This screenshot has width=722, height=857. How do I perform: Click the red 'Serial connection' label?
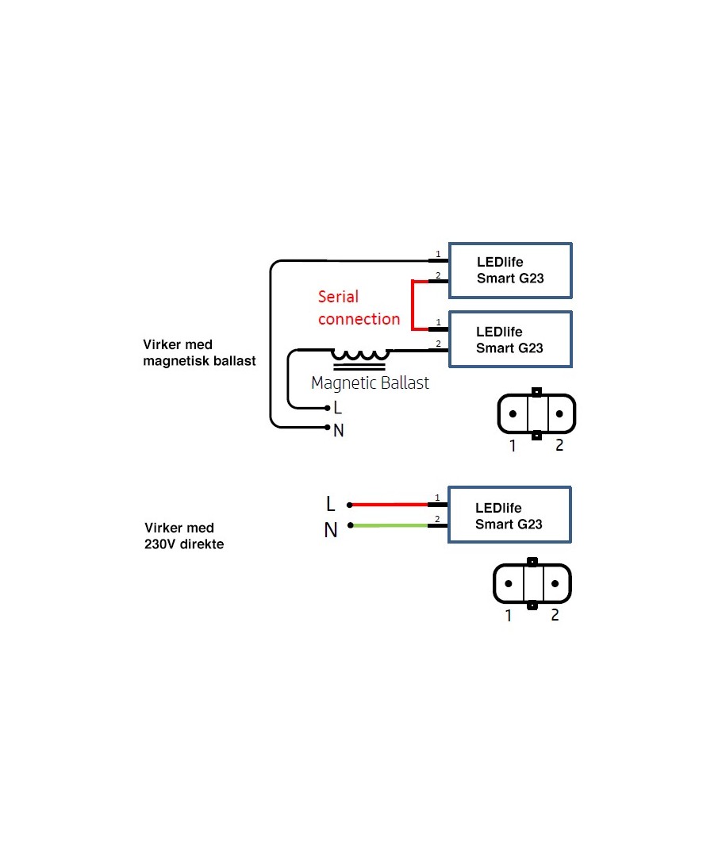coord(359,308)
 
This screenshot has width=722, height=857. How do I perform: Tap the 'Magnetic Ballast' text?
coord(370,383)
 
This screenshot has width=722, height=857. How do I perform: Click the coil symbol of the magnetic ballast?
coord(361,355)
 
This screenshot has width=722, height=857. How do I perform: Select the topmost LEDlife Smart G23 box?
coord(510,271)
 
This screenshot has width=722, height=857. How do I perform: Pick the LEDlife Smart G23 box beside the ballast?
coord(510,340)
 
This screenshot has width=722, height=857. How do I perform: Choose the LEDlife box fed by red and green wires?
coord(509,515)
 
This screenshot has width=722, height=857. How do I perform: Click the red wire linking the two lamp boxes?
coord(413,306)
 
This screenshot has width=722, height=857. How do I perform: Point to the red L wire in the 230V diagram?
coord(389,504)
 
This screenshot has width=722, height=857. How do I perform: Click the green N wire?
coord(389,526)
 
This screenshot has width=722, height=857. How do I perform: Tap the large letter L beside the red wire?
coord(331,505)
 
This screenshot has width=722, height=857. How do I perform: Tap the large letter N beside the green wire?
coord(331,530)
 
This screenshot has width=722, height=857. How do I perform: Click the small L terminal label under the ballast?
coord(338,409)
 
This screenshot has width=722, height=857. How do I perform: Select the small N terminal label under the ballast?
coord(339,431)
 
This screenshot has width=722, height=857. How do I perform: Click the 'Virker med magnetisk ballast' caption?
coord(199,353)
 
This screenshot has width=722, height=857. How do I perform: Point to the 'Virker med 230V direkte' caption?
coord(184,536)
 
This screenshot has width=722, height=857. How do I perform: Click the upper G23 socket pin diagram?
coord(536,413)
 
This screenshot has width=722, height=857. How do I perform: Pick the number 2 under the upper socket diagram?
coord(559,446)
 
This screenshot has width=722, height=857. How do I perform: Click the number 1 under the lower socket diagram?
coord(509,615)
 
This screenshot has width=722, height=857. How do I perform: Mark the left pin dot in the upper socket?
coord(513,414)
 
